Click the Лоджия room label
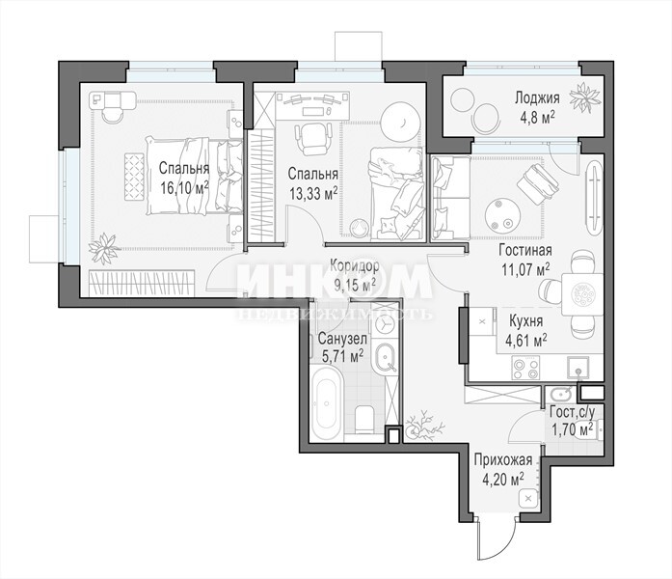(537, 98)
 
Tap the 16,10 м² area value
(184, 188)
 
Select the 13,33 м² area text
(312, 194)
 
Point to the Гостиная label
(525, 250)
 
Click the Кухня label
(525, 321)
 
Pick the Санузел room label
(342, 340)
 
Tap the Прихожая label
(503, 460)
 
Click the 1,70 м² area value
(573, 428)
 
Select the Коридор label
(354, 266)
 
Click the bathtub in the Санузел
(327, 404)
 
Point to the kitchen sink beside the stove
(578, 368)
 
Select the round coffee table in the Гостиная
(502, 215)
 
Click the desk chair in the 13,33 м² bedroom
(312, 139)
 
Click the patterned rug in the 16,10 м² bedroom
(134, 177)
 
